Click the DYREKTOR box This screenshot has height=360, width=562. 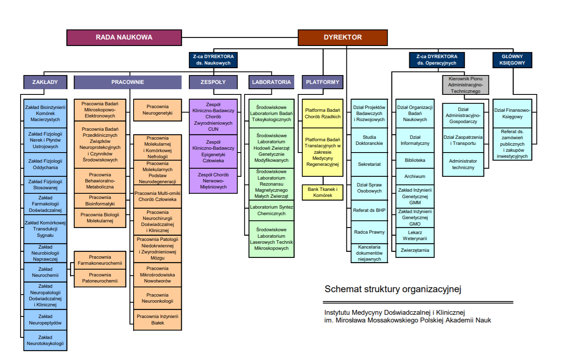click(x=343, y=38)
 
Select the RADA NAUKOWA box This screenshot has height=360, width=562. click(x=124, y=38)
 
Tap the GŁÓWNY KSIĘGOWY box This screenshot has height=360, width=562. click(x=512, y=60)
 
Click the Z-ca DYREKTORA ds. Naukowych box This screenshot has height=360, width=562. click(x=213, y=60)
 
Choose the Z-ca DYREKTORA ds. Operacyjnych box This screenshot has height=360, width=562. click(x=437, y=60)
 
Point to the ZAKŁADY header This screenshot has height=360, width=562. click(x=45, y=82)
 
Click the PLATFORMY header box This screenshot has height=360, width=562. click(x=322, y=82)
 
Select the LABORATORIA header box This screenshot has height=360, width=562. click(x=271, y=82)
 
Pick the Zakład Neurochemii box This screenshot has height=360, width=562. click(x=45, y=272)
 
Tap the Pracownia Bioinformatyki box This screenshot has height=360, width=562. click(x=100, y=201)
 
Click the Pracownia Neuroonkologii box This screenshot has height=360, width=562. click(x=157, y=298)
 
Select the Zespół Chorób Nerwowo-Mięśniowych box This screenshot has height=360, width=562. click(x=213, y=181)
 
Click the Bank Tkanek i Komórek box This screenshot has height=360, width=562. click(x=322, y=193)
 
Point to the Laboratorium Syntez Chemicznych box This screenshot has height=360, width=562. click(x=271, y=210)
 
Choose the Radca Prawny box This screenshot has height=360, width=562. click(x=369, y=232)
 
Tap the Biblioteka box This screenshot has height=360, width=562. click(x=415, y=160)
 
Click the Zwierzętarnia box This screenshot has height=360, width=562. click(x=415, y=250)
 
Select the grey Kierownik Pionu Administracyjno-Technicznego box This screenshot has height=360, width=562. click(x=465, y=85)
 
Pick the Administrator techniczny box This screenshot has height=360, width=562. click(x=463, y=164)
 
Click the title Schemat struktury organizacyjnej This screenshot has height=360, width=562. click(x=393, y=289)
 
